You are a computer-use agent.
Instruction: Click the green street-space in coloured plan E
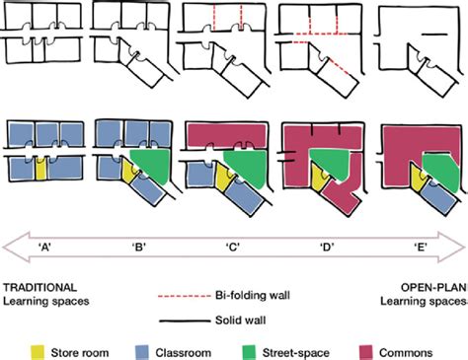coord(446,174)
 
